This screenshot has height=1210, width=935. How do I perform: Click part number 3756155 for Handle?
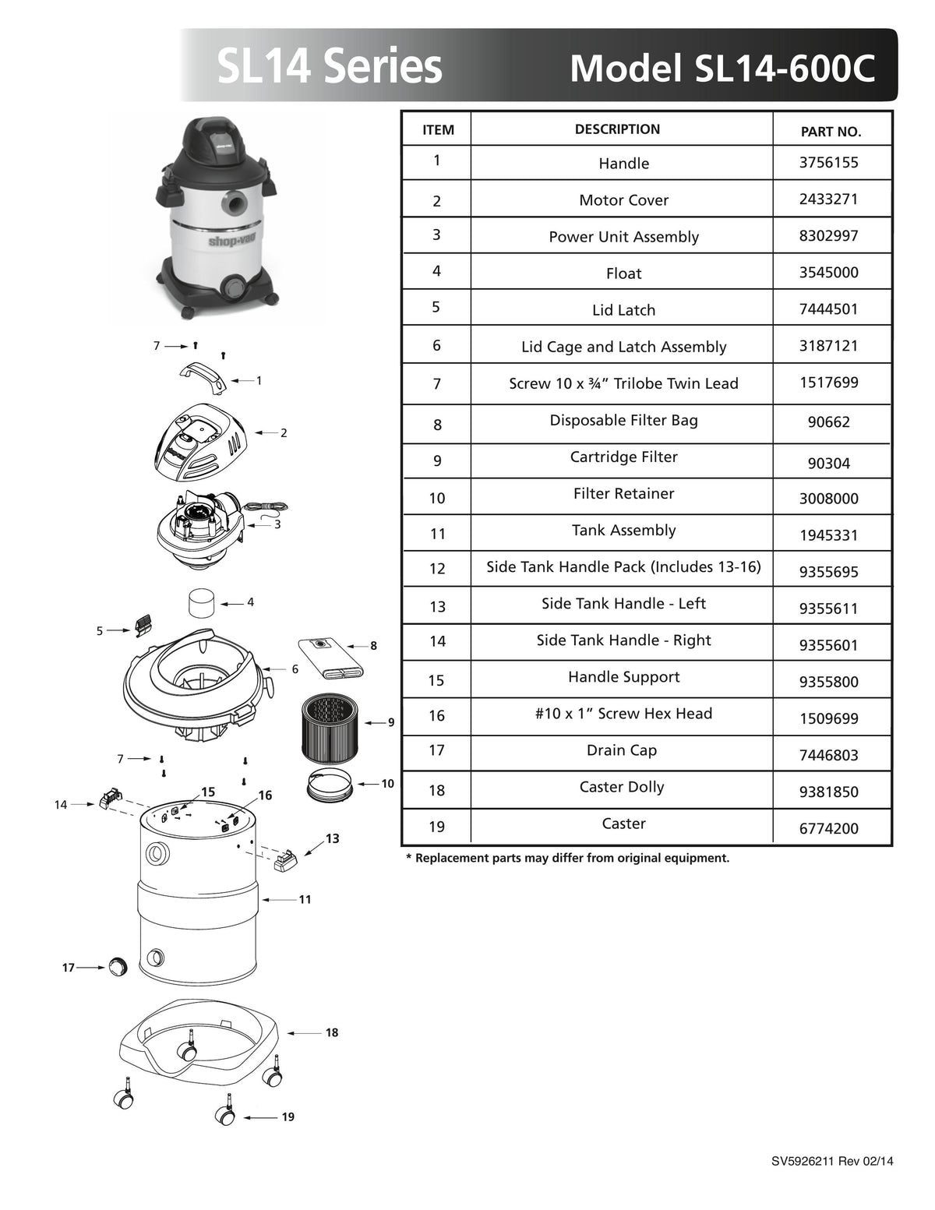click(828, 163)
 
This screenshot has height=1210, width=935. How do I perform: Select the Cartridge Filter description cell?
click(623, 457)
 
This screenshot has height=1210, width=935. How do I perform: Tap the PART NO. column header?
click(831, 132)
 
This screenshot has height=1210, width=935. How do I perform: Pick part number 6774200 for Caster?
click(828, 828)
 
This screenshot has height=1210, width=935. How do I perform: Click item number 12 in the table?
click(437, 569)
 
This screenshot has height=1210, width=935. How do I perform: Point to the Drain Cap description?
click(622, 750)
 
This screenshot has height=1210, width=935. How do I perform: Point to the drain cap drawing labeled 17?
click(117, 966)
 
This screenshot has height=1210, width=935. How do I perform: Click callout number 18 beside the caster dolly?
click(332, 1032)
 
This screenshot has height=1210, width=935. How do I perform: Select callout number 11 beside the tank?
click(305, 899)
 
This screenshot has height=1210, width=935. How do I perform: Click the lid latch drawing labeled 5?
click(143, 625)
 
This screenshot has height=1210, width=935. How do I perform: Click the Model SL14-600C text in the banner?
click(722, 69)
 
